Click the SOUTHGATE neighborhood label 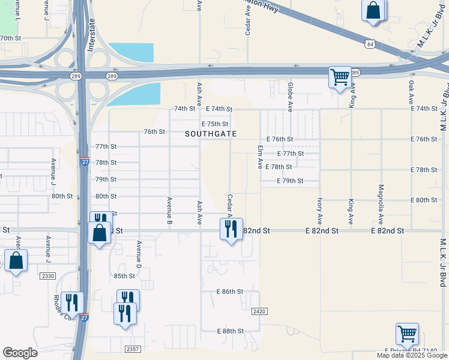click(x=211, y=134)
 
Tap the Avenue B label click(x=170, y=211)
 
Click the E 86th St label click(x=230, y=292)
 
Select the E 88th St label click(x=230, y=331)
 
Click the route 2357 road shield click(x=133, y=349)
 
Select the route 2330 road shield click(x=48, y=276)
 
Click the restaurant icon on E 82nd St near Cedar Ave click(x=231, y=229)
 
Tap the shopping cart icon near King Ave click(x=340, y=77)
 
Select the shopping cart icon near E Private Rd click(x=407, y=333)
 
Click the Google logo click(x=20, y=353)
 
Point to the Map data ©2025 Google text click(x=411, y=355)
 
